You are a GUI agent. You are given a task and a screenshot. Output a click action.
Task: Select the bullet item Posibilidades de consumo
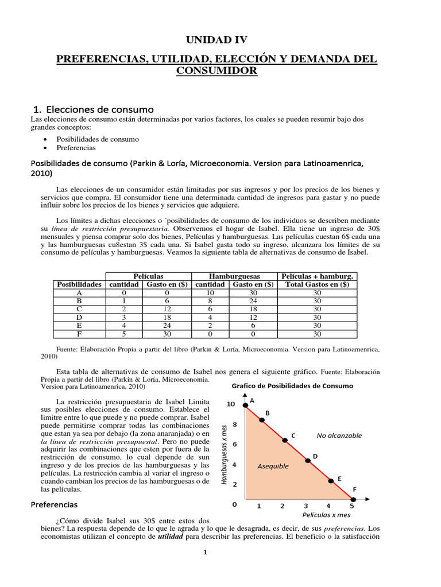click(x=97, y=139)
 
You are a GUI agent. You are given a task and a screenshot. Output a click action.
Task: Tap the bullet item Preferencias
click(x=75, y=147)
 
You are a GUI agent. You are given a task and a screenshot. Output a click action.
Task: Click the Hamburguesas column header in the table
click(x=234, y=276)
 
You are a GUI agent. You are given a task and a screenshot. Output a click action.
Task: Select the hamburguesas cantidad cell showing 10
click(x=210, y=292)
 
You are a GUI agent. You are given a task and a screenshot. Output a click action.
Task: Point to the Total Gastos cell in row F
click(x=318, y=334)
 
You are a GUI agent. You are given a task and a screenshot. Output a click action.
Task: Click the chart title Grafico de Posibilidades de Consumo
click(x=292, y=386)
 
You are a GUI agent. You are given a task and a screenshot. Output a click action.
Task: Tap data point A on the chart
click(x=246, y=406)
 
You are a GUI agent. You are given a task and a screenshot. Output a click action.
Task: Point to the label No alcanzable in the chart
click(x=339, y=436)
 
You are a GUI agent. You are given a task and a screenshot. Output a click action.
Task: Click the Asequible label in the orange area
click(x=273, y=466)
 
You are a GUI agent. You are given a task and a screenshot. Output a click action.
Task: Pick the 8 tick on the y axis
click(x=234, y=425)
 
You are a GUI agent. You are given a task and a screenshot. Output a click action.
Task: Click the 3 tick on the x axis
click(x=305, y=506)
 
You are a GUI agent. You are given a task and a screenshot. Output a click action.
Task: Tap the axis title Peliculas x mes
click(x=326, y=516)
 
